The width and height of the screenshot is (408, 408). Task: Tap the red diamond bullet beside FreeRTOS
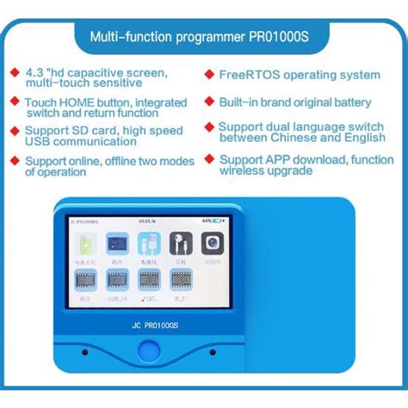point(209,75)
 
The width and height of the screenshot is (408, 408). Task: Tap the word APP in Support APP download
point(284,159)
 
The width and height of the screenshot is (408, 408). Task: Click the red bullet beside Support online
point(14,160)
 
